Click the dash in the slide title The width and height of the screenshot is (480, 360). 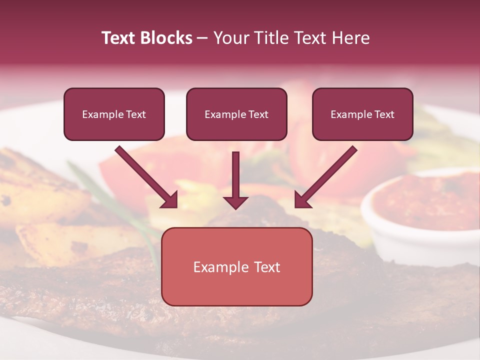202,38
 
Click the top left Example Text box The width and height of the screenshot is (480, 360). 114,114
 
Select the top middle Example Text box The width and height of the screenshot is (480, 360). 236,114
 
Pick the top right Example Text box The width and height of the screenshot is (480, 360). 362,114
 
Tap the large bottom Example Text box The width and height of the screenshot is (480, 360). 236,266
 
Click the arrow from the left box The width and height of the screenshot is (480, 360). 145,175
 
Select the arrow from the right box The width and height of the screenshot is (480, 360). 327,175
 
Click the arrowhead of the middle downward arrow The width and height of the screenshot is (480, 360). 236,202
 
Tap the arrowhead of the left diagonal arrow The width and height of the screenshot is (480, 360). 170,200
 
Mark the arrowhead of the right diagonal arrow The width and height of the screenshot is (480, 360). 302,200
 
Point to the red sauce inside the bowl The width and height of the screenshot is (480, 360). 430,200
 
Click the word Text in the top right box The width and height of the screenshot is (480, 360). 384,114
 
